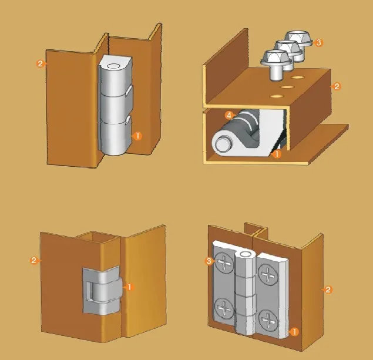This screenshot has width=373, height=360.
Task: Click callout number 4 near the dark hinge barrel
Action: pyautogui.click(x=229, y=116)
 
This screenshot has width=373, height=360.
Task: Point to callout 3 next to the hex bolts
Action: pyautogui.click(x=319, y=42)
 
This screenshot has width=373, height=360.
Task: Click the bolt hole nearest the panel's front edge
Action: pyautogui.click(x=277, y=96)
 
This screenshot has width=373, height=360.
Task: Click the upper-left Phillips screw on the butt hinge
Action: pyautogui.click(x=224, y=264)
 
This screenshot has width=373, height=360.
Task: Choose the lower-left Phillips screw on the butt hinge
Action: pyautogui.click(x=224, y=309)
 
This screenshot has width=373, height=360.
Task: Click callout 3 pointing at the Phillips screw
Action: pyautogui.click(x=209, y=261)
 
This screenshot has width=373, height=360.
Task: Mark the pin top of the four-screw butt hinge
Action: pyautogui.click(x=245, y=254)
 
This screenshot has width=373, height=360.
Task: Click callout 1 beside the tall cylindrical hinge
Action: pyautogui.click(x=137, y=136)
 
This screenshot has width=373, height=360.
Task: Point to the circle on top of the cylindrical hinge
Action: pyautogui.click(x=114, y=66)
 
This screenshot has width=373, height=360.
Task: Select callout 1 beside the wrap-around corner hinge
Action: pyautogui.click(x=129, y=287)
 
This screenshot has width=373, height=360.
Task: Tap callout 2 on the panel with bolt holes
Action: pyautogui.click(x=337, y=86)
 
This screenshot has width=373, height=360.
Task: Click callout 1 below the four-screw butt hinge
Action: pyautogui.click(x=294, y=332)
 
